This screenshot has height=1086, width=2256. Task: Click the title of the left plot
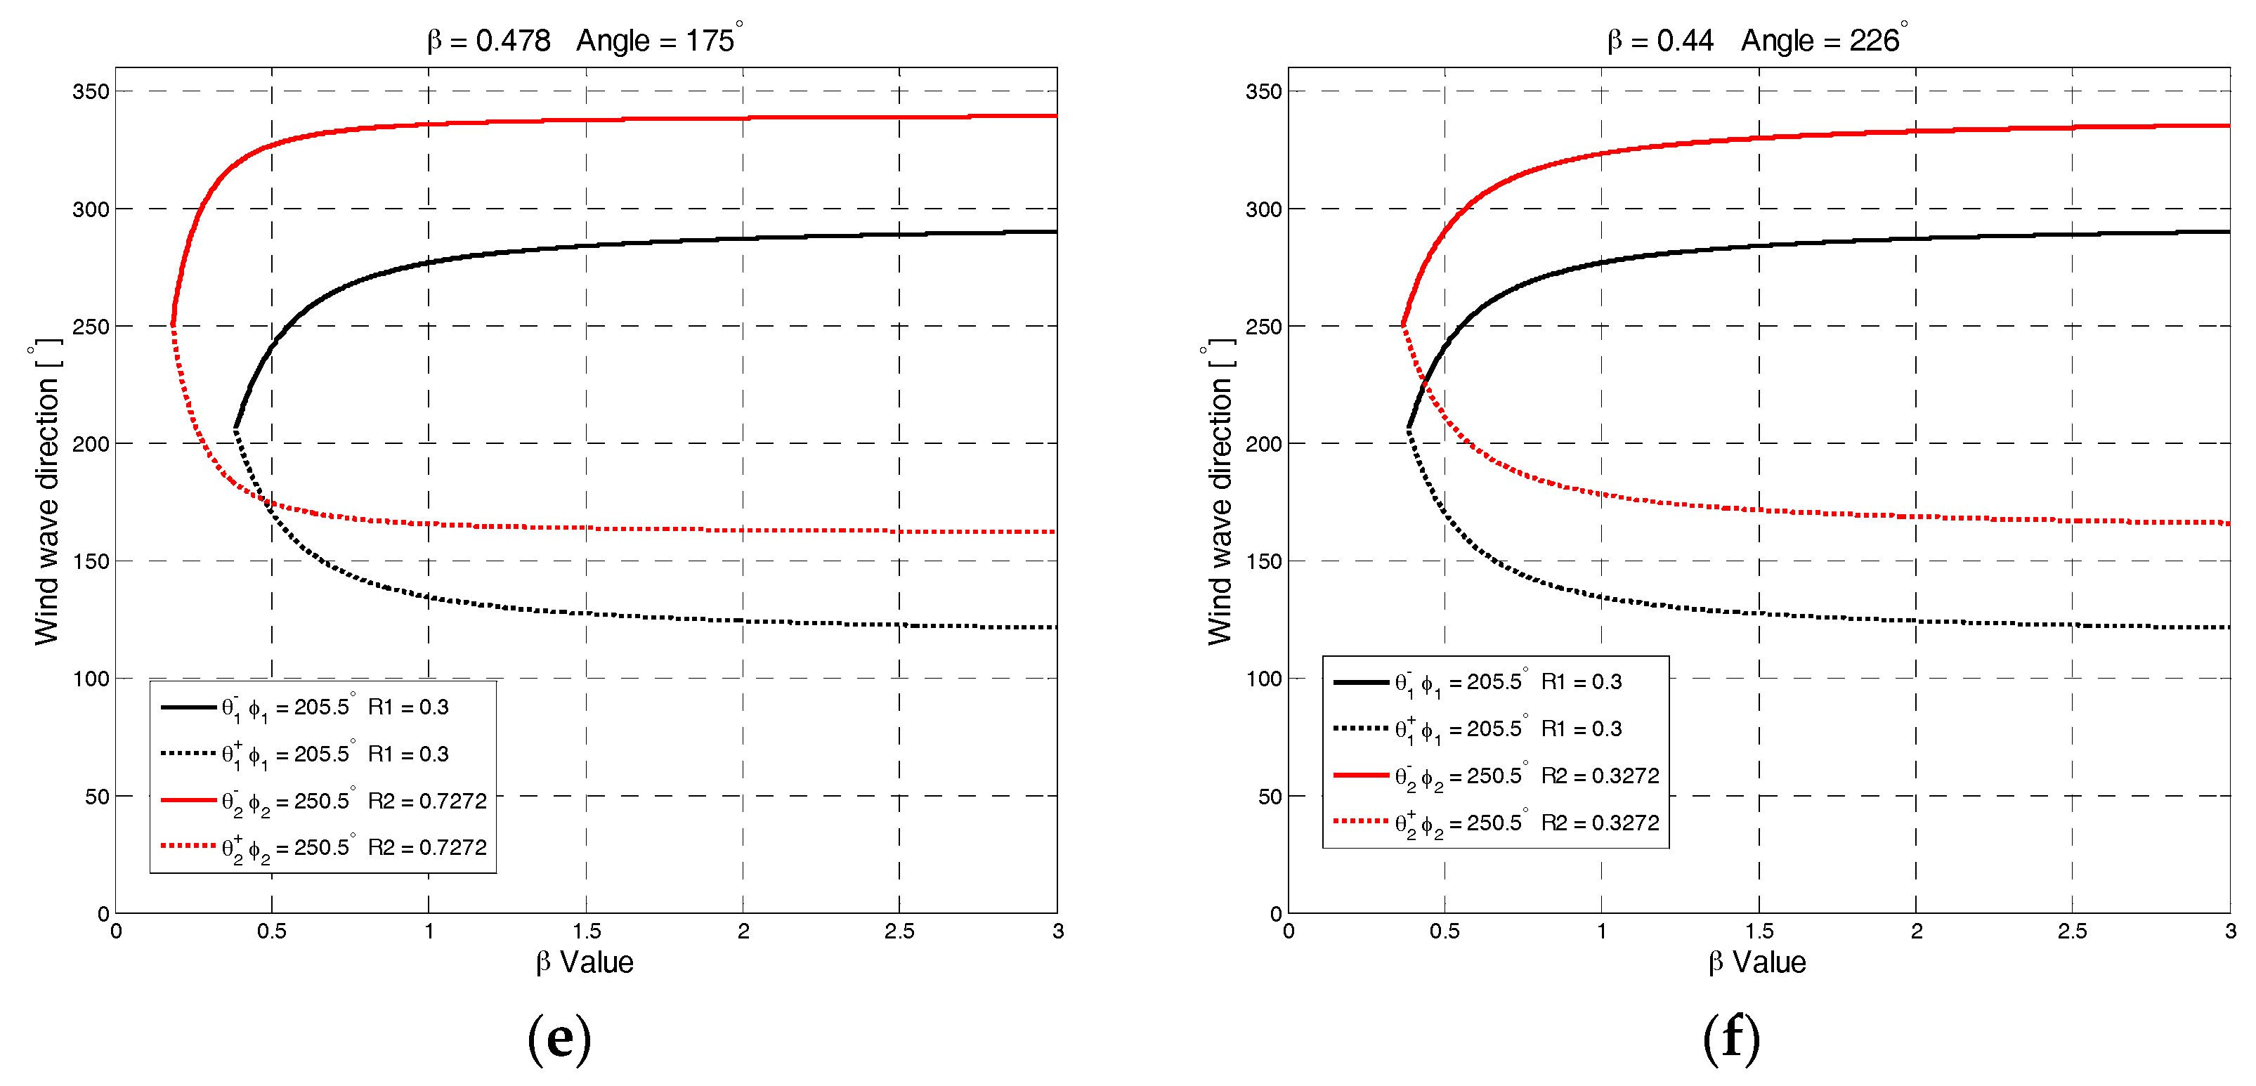click(x=584, y=40)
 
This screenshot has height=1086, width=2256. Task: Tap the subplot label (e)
click(x=559, y=1040)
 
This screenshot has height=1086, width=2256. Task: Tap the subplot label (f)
click(x=1731, y=1040)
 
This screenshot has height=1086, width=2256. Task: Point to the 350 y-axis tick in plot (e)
click(x=91, y=91)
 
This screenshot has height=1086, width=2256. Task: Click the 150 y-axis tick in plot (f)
click(x=1264, y=561)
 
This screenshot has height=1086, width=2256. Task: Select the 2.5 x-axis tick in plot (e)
click(x=899, y=931)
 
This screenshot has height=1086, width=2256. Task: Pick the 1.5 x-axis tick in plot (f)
click(x=1759, y=931)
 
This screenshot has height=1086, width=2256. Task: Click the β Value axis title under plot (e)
click(x=584, y=962)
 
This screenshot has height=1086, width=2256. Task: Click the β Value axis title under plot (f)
click(x=1756, y=962)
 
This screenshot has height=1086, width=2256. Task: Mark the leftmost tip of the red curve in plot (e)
click(x=174, y=326)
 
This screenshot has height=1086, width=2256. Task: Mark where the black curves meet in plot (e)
click(x=235, y=428)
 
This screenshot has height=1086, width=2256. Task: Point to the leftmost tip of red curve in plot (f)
click(x=1403, y=326)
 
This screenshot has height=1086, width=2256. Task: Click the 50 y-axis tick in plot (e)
click(x=97, y=796)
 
